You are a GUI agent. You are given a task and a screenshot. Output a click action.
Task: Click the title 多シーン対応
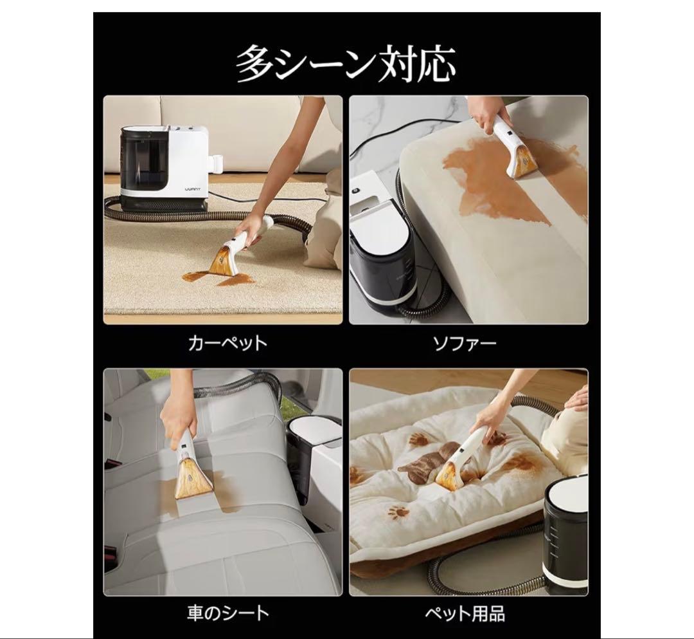tap(346, 63)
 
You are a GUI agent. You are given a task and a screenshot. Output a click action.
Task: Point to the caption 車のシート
tap(228, 613)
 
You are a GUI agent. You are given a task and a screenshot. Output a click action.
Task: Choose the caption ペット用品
tap(465, 614)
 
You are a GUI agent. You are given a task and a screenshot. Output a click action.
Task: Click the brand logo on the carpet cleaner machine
tap(193, 189)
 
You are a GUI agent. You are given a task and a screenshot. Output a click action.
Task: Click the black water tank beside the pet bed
tap(565, 534)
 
